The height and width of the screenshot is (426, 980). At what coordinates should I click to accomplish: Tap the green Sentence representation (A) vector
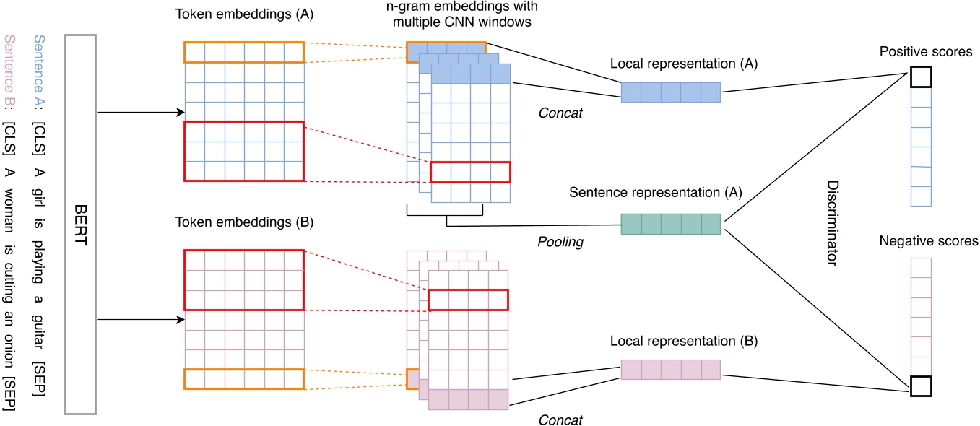click(671, 224)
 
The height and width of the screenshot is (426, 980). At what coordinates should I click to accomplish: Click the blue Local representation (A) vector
click(671, 92)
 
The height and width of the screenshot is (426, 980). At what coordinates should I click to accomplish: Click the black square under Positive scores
click(920, 76)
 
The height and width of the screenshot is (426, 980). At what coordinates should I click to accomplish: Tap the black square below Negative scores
click(920, 386)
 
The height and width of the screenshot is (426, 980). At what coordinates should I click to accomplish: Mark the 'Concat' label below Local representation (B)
click(560, 420)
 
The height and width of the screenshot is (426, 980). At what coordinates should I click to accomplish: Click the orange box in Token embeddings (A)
click(245, 52)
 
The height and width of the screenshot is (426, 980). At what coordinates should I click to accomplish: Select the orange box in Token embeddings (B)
click(245, 379)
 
